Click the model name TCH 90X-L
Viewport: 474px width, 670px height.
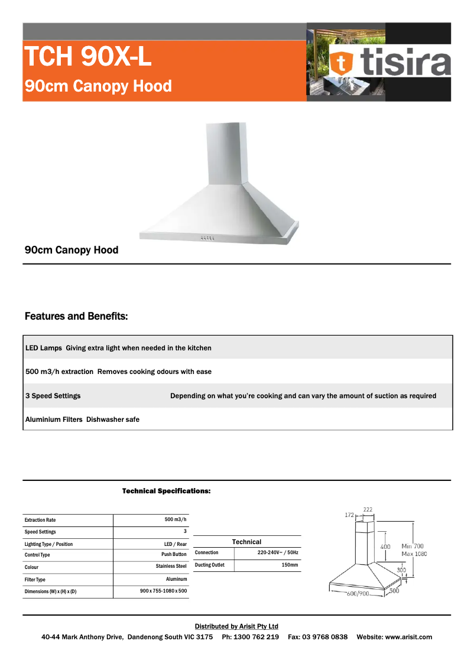pyautogui.click(x=87, y=57)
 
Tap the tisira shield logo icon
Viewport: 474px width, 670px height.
pyautogui.click(x=341, y=63)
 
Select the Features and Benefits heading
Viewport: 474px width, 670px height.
pyautogui.click(x=76, y=317)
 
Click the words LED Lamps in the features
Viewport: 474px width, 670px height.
pyautogui.click(x=43, y=348)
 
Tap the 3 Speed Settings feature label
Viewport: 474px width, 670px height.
pyautogui.click(x=53, y=396)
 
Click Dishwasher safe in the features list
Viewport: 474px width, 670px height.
pyautogui.click(x=113, y=419)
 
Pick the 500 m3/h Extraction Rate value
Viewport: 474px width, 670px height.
pyautogui.click(x=176, y=519)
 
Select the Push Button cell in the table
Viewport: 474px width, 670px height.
pyautogui.click(x=174, y=555)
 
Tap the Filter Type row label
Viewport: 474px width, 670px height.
pyautogui.click(x=35, y=580)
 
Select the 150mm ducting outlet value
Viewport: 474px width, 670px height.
pyautogui.click(x=290, y=565)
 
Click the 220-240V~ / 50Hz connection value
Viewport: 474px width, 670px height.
pyautogui.click(x=278, y=552)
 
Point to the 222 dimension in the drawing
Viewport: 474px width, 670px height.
pyautogui.click(x=368, y=509)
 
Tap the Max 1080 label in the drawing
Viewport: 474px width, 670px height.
pyautogui.click(x=414, y=554)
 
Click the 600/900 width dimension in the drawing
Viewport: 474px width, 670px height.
pyautogui.click(x=357, y=593)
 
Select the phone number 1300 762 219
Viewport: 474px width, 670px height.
pyautogui.click(x=256, y=637)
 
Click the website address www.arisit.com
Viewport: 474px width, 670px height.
pyautogui.click(x=408, y=637)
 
